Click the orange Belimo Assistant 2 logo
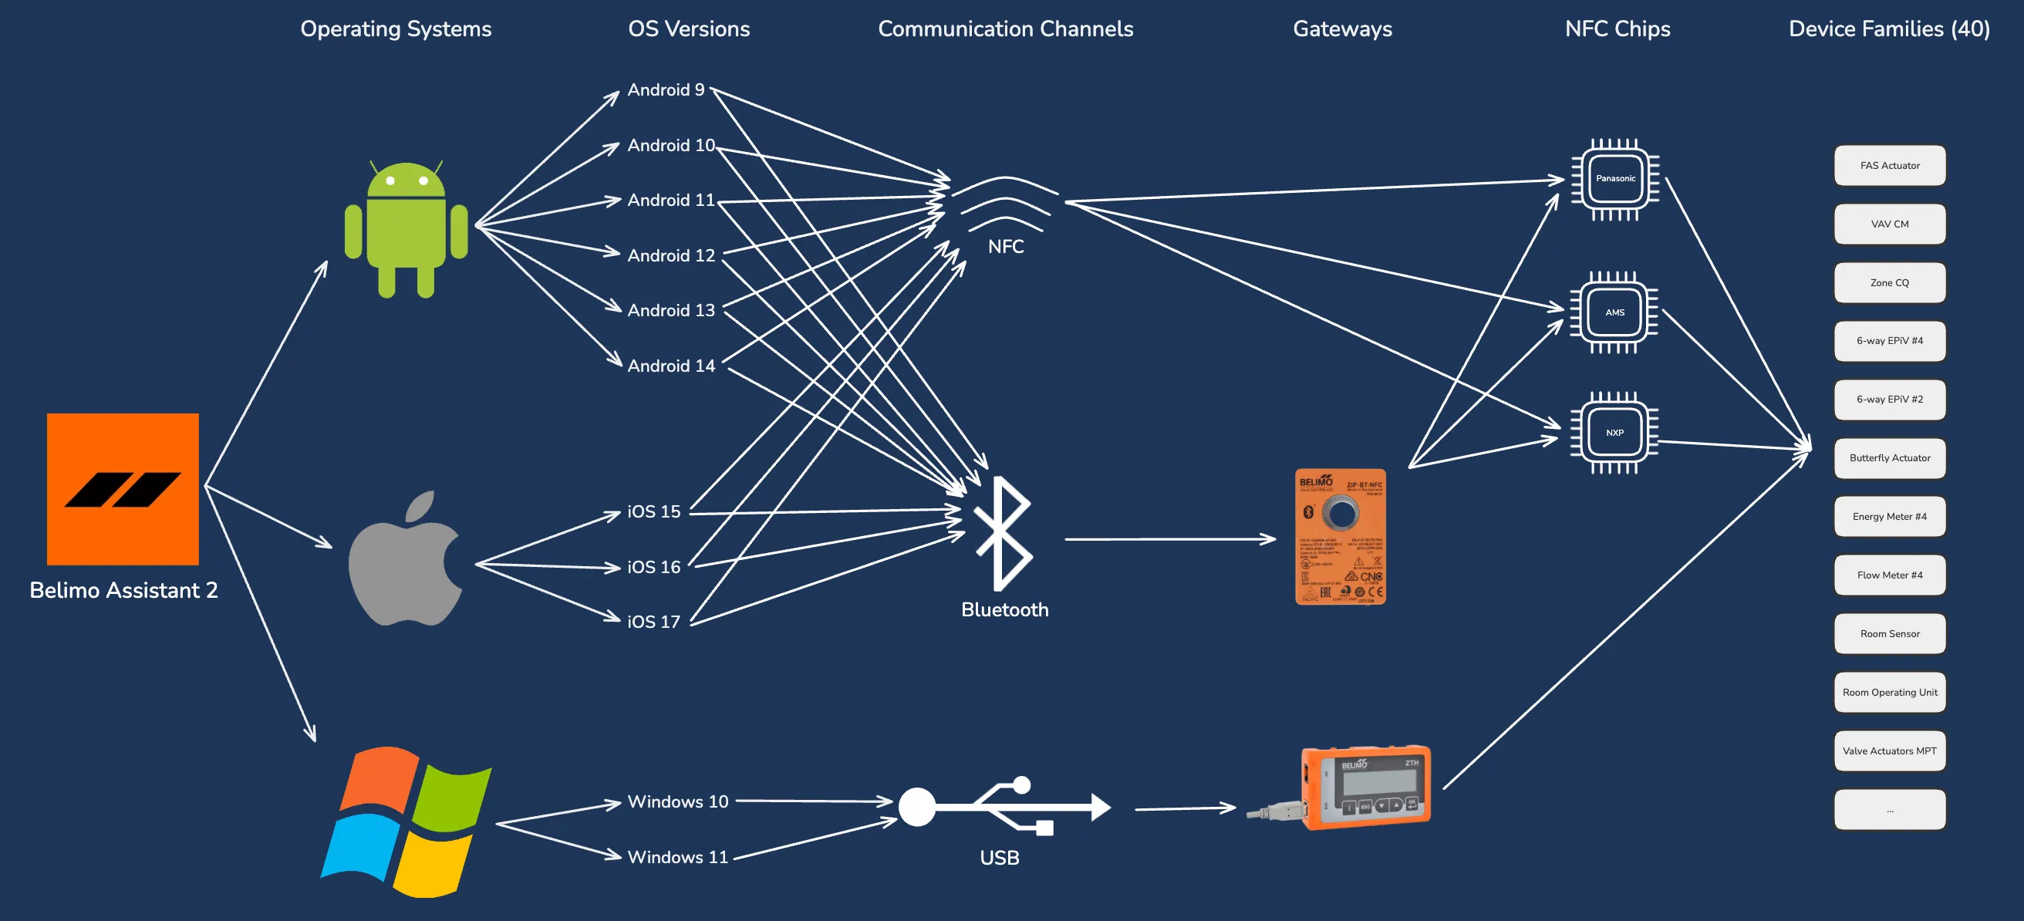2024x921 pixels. (x=123, y=489)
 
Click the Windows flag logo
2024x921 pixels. (x=406, y=821)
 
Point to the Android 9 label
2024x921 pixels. (x=666, y=89)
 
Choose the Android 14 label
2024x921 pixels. (x=671, y=366)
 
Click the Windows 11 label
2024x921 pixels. (x=677, y=856)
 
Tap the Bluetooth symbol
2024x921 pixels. (x=1002, y=535)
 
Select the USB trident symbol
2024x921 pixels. (x=1004, y=806)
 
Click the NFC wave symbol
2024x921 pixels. (x=1005, y=204)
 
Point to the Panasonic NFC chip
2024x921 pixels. (x=1614, y=179)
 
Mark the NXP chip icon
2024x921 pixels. (x=1614, y=433)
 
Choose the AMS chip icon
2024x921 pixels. (x=1614, y=312)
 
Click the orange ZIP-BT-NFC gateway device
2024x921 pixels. (x=1340, y=537)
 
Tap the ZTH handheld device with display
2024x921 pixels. (x=1365, y=787)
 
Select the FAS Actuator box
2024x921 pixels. (x=1889, y=166)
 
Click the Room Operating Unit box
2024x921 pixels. (x=1889, y=693)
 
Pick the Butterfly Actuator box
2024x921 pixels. (x=1889, y=458)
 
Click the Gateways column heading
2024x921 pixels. (x=1342, y=29)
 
